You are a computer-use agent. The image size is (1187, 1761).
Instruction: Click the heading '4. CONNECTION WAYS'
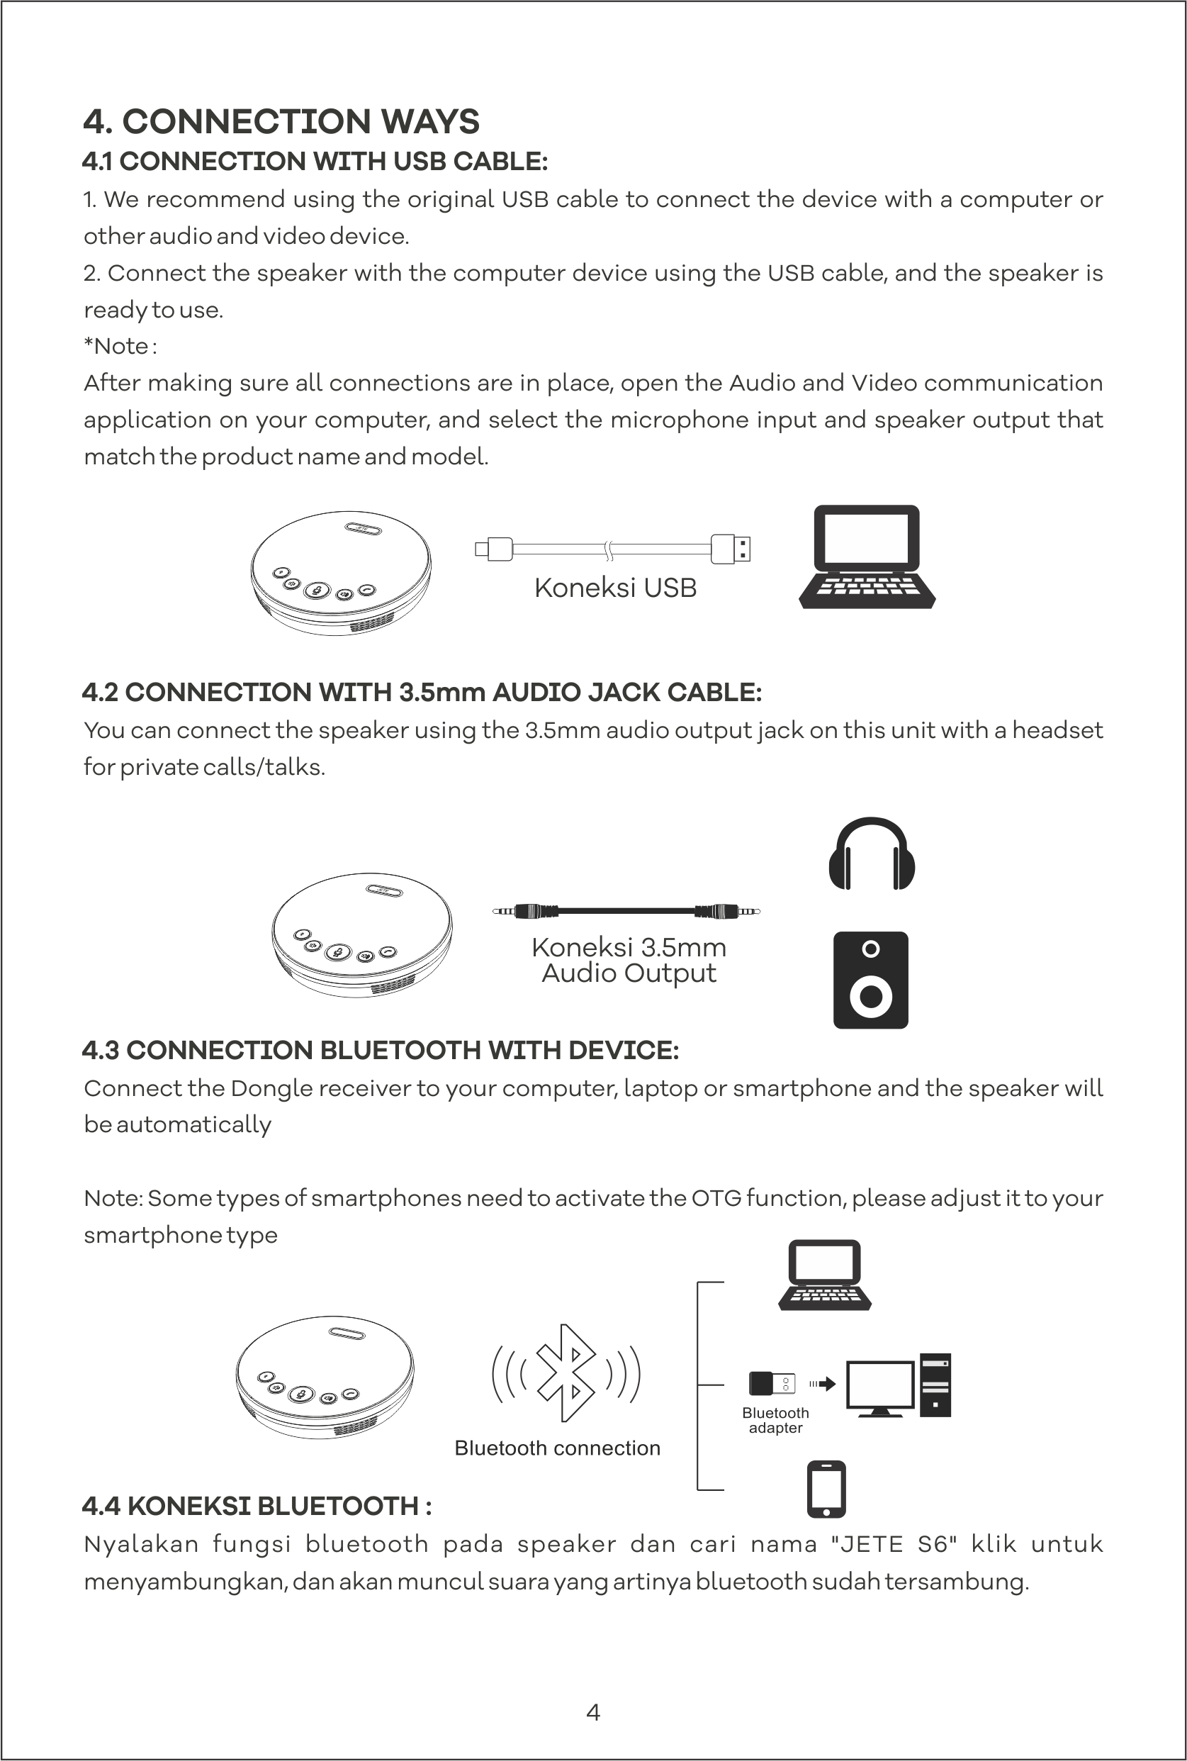tap(281, 121)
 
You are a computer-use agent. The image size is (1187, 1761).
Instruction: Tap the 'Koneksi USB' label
tap(614, 588)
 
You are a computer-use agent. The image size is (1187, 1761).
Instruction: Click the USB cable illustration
tap(612, 549)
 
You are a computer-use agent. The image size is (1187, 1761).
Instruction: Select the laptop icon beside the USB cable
tap(867, 557)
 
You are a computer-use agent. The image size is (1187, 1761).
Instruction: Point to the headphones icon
tap(872, 854)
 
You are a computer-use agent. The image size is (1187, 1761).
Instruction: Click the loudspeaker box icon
tap(870, 980)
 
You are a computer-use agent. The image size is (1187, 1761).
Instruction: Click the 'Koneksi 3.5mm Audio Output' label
tap(629, 960)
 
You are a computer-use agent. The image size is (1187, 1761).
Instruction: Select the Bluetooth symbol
tap(566, 1373)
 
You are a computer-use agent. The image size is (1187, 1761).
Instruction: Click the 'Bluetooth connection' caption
tap(557, 1448)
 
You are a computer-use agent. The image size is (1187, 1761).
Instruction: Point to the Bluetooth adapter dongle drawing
tap(772, 1383)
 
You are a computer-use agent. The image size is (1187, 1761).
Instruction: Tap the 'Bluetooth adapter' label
tap(775, 1420)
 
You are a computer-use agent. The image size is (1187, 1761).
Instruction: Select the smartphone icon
tap(827, 1489)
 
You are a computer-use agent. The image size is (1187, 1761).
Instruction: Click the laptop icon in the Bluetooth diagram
tap(824, 1275)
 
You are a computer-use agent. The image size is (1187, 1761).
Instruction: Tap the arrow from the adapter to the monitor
tap(823, 1384)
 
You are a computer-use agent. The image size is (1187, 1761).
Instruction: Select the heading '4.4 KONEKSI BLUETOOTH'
tap(257, 1506)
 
